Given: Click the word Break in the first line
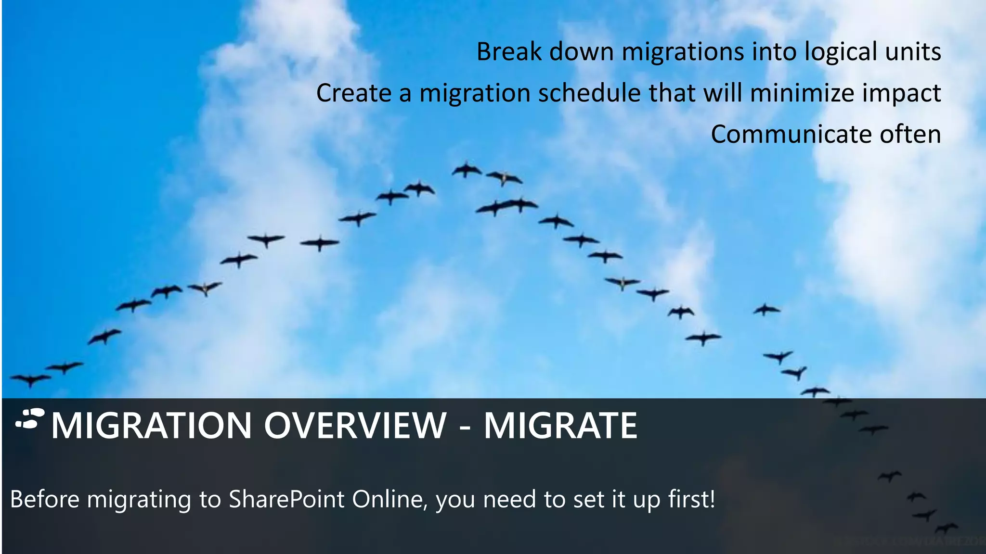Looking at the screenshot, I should pos(509,51).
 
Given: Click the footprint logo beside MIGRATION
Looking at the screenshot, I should pos(30,418).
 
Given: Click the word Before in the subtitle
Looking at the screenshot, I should pos(44,499).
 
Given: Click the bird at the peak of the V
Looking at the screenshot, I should pos(466,170).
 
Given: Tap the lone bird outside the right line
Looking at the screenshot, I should pos(766,310).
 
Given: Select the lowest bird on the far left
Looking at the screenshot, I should pos(30,380).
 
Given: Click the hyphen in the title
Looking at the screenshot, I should pos(465,426).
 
